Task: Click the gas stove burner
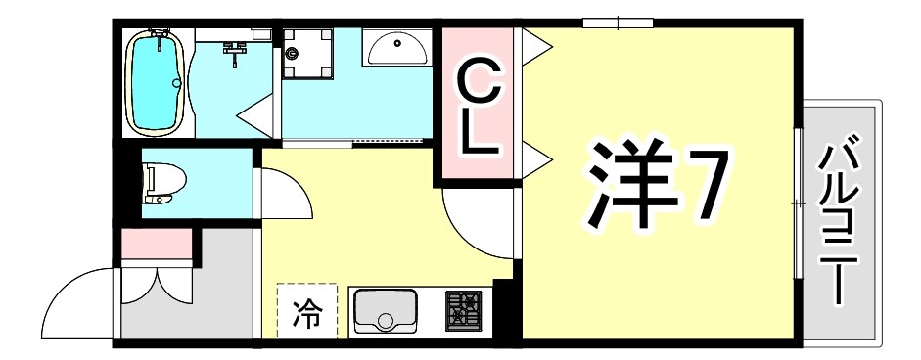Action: [x=464, y=310]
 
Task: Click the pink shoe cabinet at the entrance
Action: [x=157, y=242]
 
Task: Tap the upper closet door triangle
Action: [x=535, y=47]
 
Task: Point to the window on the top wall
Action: [x=617, y=22]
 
